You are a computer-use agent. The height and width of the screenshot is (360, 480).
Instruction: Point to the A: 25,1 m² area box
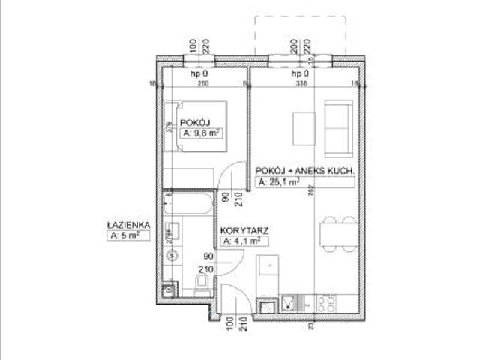(278, 182)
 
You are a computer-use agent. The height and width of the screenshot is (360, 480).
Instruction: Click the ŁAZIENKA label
(129, 224)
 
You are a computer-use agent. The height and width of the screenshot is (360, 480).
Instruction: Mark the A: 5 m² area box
(124, 236)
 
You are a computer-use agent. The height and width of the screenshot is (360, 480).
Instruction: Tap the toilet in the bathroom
(200, 281)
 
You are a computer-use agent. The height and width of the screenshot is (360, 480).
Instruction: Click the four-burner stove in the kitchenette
(327, 303)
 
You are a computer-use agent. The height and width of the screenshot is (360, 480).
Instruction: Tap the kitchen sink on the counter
(289, 304)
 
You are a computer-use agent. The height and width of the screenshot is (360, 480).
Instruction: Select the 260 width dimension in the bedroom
(202, 84)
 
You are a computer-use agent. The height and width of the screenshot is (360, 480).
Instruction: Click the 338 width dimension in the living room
(302, 84)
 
